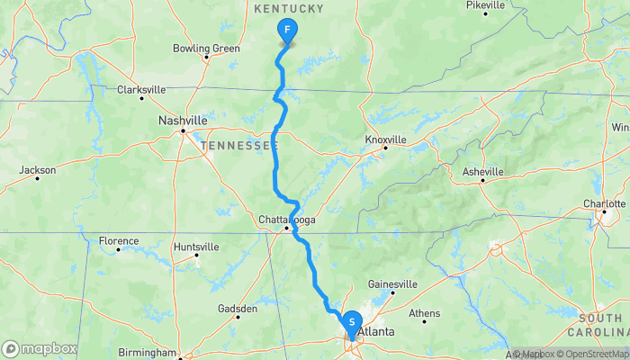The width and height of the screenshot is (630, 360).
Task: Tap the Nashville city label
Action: coord(183,120)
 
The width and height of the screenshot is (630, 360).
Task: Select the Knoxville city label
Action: coord(386,139)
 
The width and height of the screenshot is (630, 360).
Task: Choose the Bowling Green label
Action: coord(206,48)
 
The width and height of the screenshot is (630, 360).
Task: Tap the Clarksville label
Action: coord(141,90)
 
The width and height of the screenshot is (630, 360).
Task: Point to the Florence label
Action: coord(119,240)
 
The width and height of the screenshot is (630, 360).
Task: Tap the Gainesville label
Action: coord(392,283)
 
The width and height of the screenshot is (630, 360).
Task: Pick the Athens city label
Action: coord(424,313)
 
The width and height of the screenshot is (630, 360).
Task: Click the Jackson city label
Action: coord(38,169)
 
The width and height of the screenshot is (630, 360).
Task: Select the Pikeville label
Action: coord(485,5)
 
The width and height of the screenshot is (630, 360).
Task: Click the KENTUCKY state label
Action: coord(288,8)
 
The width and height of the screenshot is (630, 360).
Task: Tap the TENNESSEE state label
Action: coord(239,145)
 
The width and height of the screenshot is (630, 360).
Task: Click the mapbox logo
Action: coord(40,348)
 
